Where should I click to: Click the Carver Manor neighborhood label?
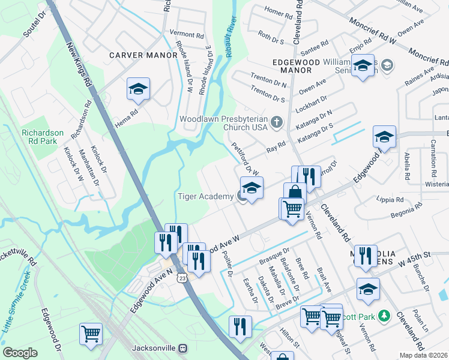coord(143,55)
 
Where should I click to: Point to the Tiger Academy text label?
coord(204,196)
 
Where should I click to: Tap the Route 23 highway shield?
coord(182,278)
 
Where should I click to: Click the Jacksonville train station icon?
coord(182,348)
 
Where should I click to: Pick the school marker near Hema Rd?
coord(138,90)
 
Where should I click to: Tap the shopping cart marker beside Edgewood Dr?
coord(91,333)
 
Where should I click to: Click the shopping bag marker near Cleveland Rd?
coord(295,193)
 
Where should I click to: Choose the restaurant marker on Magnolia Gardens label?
coord(365,256)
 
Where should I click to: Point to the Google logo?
coord(20,353)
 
